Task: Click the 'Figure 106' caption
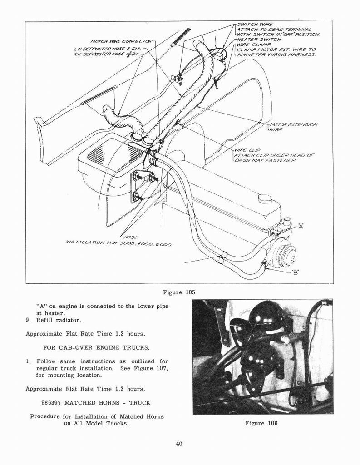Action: pyautogui.click(x=261, y=423)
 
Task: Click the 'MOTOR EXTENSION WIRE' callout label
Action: pyautogui.click(x=293, y=127)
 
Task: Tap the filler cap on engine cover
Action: pyautogui.click(x=265, y=198)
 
